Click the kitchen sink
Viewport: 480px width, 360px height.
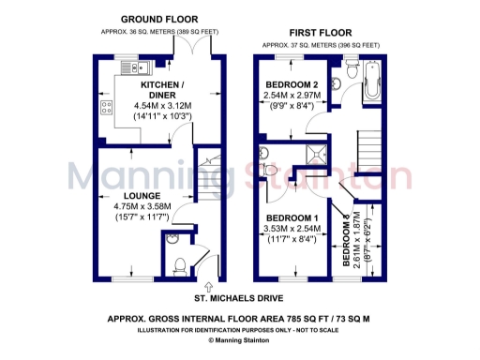click(128, 67)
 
